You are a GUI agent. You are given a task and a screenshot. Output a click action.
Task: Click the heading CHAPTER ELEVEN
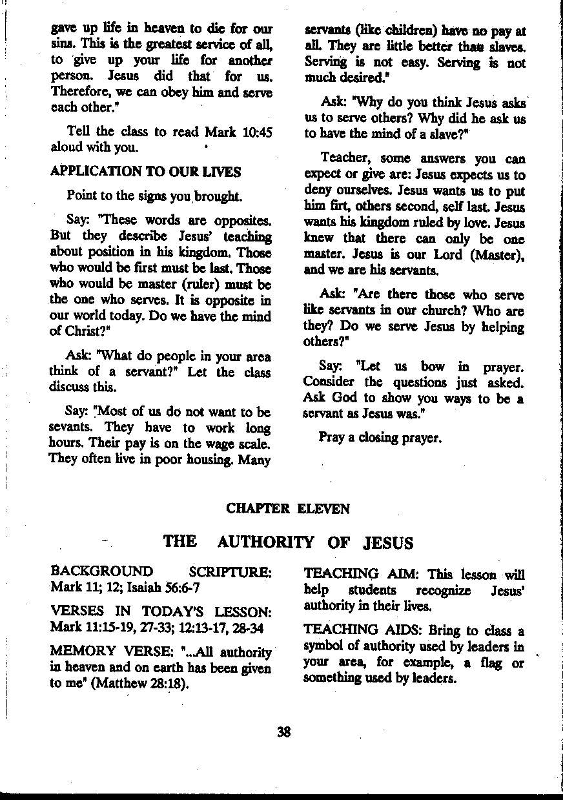[288, 509]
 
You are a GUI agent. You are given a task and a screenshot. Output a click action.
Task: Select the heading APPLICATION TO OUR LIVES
[145, 172]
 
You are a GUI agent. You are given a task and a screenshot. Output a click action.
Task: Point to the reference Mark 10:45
[238, 132]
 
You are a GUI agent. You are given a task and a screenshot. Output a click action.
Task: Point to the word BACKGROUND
[102, 571]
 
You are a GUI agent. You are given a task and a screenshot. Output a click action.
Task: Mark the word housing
[216, 460]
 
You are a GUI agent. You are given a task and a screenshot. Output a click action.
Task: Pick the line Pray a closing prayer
[380, 437]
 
